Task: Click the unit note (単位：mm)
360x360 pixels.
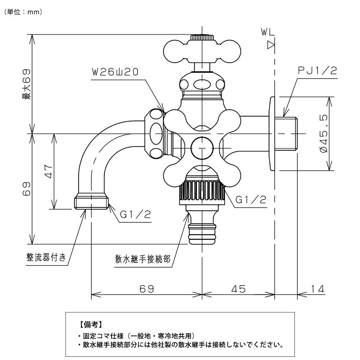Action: tap(23, 12)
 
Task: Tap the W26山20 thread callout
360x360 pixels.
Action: tap(114, 72)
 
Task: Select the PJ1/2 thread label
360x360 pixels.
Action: tap(317, 71)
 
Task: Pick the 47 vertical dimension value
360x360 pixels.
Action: tap(49, 171)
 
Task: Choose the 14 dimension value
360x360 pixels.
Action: tap(317, 288)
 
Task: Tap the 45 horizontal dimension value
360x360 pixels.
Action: tap(238, 288)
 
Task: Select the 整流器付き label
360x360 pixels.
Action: tap(46, 257)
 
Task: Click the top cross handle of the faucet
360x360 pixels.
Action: tap(202, 50)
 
